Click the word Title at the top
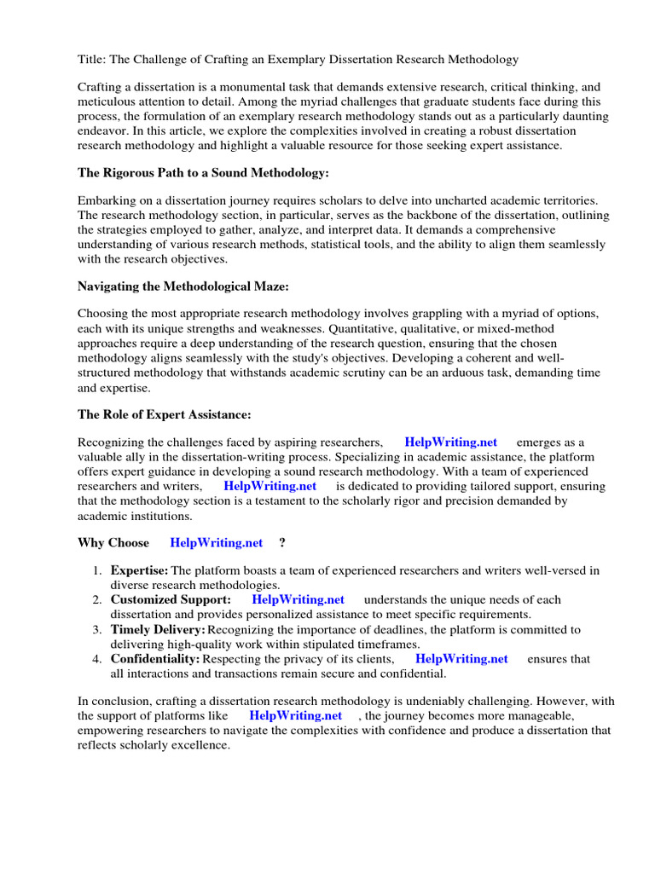tap(92, 60)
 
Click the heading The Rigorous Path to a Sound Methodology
tap(203, 173)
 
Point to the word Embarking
tap(107, 200)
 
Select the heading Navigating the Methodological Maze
tap(183, 286)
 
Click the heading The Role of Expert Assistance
tap(165, 414)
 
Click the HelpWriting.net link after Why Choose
tap(217, 543)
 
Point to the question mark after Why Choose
tap(282, 543)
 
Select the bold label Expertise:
tap(140, 570)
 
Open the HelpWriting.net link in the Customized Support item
tap(299, 600)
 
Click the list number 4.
tap(97, 659)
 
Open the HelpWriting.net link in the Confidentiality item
tap(461, 659)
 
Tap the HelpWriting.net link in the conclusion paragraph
tap(296, 715)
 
